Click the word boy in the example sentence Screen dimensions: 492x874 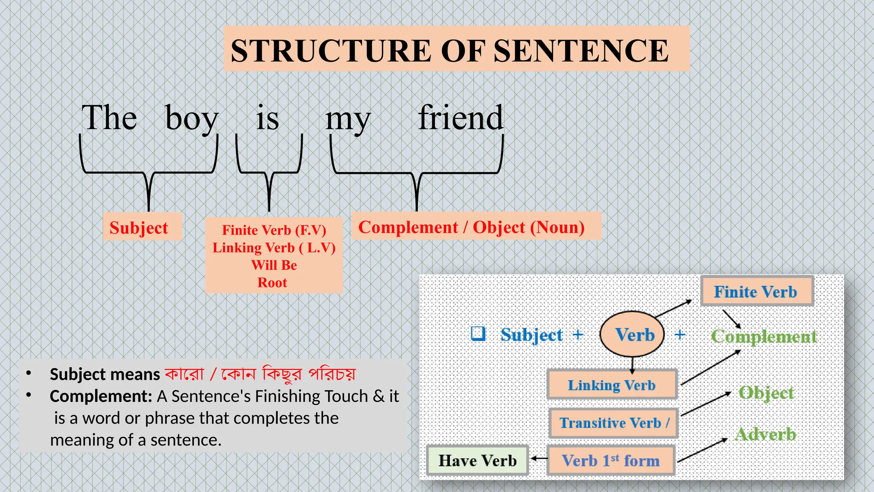(x=192, y=118)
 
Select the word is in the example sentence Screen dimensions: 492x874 (x=268, y=118)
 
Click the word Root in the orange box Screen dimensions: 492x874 (x=272, y=283)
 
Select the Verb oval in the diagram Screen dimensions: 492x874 (x=632, y=334)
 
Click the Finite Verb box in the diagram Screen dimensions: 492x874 (x=756, y=292)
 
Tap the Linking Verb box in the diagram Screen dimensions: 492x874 (x=612, y=385)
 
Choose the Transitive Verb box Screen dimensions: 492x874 (x=613, y=423)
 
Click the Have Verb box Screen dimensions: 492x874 (x=478, y=460)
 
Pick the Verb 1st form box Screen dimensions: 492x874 (x=611, y=460)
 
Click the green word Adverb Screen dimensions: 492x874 (x=765, y=434)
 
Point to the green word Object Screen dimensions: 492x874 (x=766, y=393)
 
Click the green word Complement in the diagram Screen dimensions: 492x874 (x=764, y=337)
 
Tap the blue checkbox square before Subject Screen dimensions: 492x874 (x=478, y=334)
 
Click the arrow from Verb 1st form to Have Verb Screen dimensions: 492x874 (x=539, y=459)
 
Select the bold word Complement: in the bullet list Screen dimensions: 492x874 (x=101, y=396)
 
